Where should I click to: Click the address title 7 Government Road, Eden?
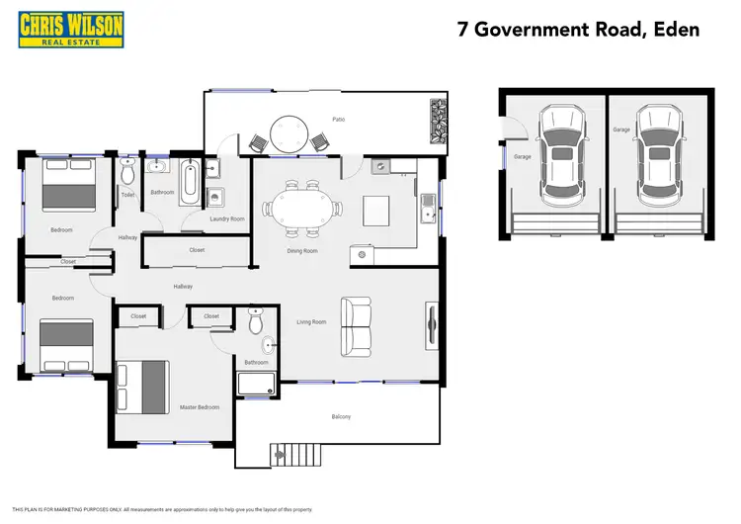[578, 29]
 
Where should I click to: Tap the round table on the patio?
[290, 132]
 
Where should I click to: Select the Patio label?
[338, 120]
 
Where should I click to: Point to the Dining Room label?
[302, 251]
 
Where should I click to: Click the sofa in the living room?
[356, 326]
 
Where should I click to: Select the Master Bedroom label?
[200, 406]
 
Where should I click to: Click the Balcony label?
[340, 416]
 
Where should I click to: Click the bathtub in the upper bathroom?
[190, 183]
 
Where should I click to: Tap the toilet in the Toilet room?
[126, 175]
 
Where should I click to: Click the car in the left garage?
[559, 153]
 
